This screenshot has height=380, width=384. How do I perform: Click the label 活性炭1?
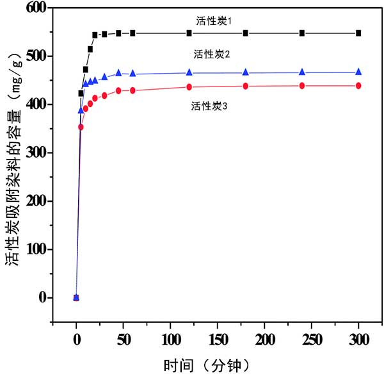coord(214,21)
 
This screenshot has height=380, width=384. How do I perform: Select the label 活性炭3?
coord(209,106)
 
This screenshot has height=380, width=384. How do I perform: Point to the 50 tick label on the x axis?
coord(124,339)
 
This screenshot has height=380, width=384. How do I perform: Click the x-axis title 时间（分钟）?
coord(206,365)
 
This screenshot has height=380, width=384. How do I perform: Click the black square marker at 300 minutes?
coord(358,33)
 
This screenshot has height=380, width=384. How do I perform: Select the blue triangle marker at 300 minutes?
coord(358,72)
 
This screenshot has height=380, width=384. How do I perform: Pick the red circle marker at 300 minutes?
coord(358,85)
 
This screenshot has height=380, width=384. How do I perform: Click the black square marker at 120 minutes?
coord(189,33)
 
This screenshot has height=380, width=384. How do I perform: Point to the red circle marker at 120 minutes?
coord(189,87)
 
